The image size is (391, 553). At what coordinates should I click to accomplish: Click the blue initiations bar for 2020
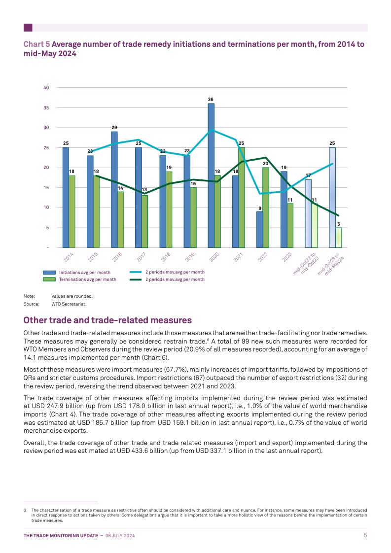[x=211, y=175]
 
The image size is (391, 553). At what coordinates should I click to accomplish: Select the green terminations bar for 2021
[x=242, y=197]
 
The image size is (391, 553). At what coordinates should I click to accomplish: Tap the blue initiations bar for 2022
[x=259, y=229]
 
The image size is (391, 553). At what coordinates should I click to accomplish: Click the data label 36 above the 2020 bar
[x=211, y=100]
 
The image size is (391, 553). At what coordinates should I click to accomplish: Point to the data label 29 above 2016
[x=114, y=128]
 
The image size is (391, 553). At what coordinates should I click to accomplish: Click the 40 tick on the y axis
[x=46, y=88]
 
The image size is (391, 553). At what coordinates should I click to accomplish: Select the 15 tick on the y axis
[x=46, y=188]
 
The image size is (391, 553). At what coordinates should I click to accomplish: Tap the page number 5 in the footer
[x=365, y=535]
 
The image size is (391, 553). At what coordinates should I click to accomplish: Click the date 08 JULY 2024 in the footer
[x=120, y=535]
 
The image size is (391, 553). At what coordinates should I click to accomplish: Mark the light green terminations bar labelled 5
[x=338, y=237]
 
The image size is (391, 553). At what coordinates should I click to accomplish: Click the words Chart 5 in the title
[x=36, y=44]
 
